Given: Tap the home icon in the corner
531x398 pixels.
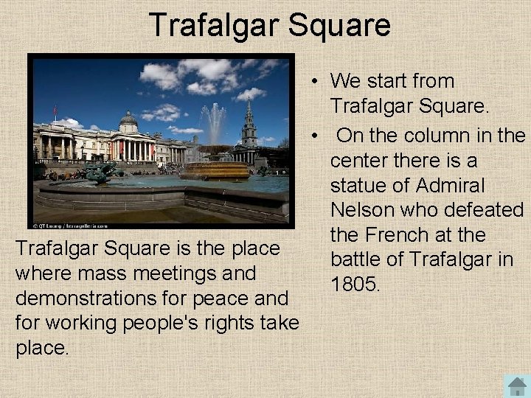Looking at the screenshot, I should (x=517, y=385).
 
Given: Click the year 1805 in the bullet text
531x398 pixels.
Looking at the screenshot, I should (x=355, y=284).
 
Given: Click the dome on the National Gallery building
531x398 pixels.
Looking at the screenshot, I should (x=128, y=120).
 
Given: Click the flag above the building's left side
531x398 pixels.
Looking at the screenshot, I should (x=54, y=111).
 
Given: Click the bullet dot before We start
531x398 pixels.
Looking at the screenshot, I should (x=314, y=81).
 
